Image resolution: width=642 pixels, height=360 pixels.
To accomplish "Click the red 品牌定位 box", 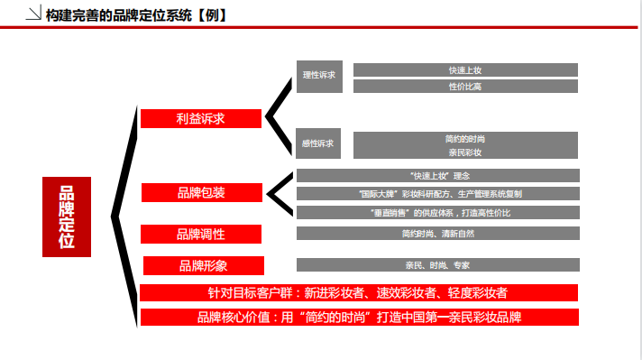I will (66, 217).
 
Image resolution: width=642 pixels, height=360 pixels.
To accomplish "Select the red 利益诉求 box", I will (200, 118).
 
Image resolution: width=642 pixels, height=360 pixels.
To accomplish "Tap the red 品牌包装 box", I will (201, 192).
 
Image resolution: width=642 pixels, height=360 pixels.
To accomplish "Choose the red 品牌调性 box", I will (200, 235).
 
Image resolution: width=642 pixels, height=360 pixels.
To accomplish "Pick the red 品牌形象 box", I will (203, 265).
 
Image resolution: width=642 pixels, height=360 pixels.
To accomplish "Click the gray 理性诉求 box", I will (317, 76).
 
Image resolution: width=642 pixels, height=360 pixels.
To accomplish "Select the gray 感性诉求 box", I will (317, 143).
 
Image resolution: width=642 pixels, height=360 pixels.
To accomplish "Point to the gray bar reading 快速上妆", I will (464, 69).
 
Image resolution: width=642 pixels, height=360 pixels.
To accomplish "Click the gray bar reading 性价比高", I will (464, 87).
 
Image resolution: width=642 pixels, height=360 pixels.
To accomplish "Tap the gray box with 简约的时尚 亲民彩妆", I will (464, 145).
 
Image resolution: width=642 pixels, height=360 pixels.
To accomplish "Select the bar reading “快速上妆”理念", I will (438, 175).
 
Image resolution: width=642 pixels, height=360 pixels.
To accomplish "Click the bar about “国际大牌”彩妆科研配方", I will (438, 193).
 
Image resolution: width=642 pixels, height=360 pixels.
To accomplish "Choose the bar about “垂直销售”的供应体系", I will (438, 212).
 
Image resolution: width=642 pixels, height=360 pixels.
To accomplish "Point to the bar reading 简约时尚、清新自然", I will (438, 234).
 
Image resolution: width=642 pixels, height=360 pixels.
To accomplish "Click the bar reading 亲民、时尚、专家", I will (438, 265).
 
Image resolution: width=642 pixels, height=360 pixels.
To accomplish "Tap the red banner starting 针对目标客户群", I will (359, 293).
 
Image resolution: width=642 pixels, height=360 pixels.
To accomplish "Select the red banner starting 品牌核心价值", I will (359, 318).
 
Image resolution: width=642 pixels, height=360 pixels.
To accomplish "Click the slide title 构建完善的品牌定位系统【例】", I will (135, 15).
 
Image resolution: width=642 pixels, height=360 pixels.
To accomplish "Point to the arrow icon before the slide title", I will (32, 15).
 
